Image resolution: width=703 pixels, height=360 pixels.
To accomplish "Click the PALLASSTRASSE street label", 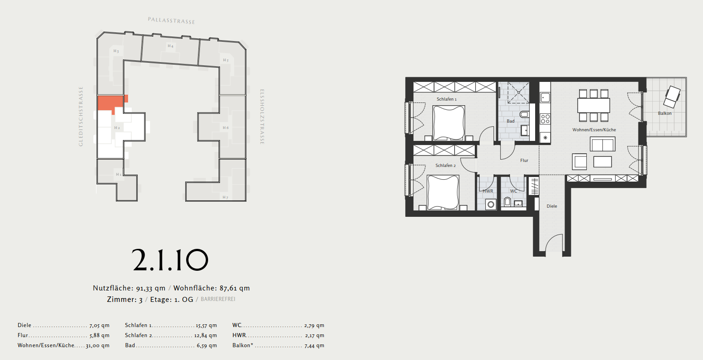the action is [x=172, y=21].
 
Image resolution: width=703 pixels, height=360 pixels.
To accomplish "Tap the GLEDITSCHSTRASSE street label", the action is [x=81, y=117].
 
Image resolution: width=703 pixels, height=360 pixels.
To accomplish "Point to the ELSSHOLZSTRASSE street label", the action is [x=262, y=117].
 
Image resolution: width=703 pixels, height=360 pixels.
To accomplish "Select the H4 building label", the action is [x=171, y=46].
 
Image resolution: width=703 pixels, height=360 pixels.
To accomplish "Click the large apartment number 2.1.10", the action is [x=170, y=260].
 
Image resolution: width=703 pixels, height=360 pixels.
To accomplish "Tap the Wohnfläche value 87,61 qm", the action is [x=235, y=288].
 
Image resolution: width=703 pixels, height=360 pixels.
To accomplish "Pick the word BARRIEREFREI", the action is [x=218, y=299].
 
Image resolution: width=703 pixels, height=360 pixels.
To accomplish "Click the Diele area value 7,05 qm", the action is [x=100, y=326].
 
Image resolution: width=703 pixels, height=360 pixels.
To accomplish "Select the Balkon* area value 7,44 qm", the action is [x=315, y=345].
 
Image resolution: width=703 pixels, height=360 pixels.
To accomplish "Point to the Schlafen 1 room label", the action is [x=446, y=99].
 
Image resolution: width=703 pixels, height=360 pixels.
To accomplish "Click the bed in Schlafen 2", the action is [x=443, y=193].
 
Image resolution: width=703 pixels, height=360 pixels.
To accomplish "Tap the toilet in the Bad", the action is [x=524, y=114].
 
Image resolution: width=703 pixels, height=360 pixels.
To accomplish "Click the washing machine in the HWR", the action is [x=490, y=204].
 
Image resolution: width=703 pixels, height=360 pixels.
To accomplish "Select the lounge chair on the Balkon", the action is [x=672, y=97].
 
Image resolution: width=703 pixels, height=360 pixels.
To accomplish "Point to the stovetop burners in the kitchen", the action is [x=546, y=119].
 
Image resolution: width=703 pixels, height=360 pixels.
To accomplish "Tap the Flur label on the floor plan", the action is [x=524, y=161].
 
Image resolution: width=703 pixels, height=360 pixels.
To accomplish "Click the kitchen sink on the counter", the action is [x=545, y=97].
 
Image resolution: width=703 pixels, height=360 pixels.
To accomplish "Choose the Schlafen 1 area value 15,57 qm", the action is [x=206, y=326].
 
